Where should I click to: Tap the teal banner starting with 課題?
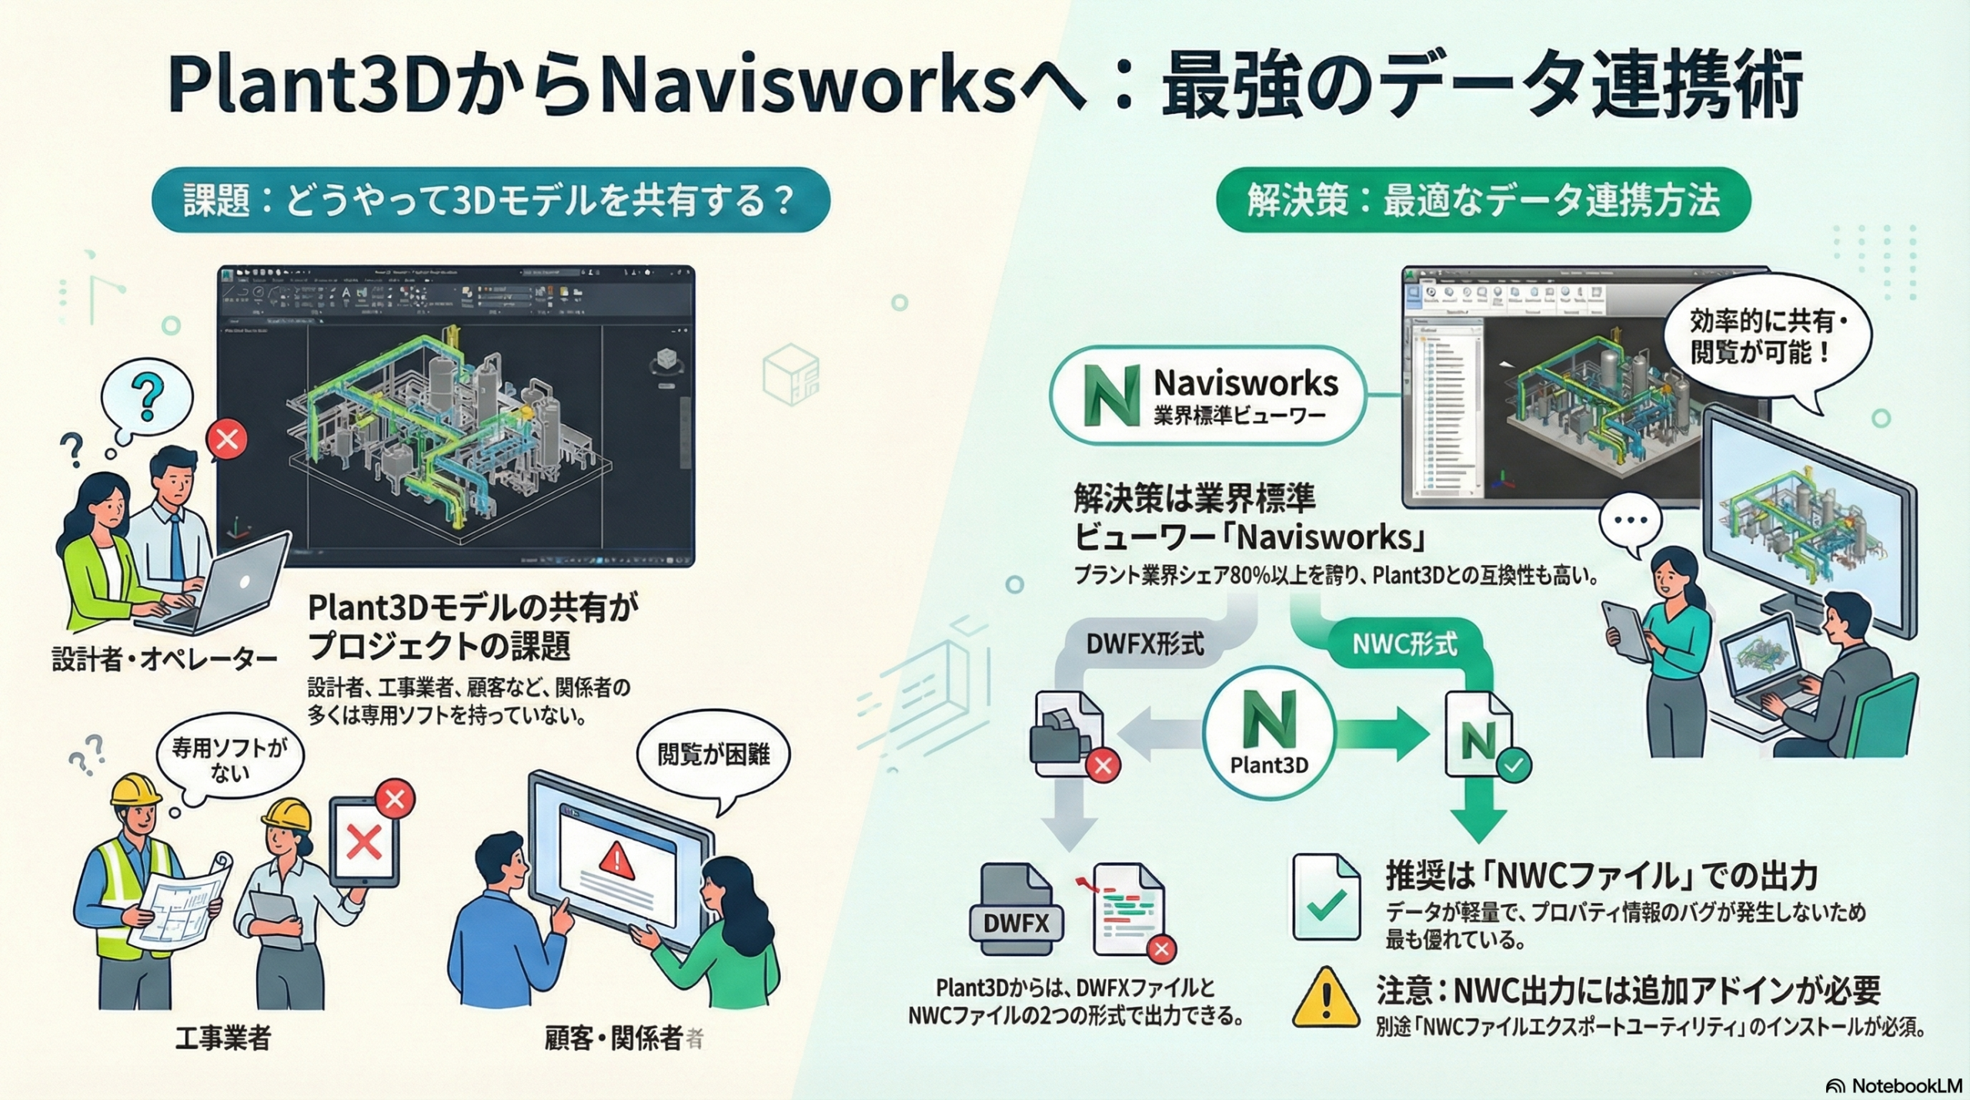click(x=490, y=200)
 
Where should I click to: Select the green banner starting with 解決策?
click(x=1482, y=200)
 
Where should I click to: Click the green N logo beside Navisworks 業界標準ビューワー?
click(x=1110, y=395)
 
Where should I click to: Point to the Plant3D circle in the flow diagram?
click(x=1269, y=732)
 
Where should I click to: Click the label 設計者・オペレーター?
click(x=164, y=660)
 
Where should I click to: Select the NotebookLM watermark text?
click(x=1906, y=1085)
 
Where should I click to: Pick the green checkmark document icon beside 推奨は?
click(x=1326, y=897)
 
